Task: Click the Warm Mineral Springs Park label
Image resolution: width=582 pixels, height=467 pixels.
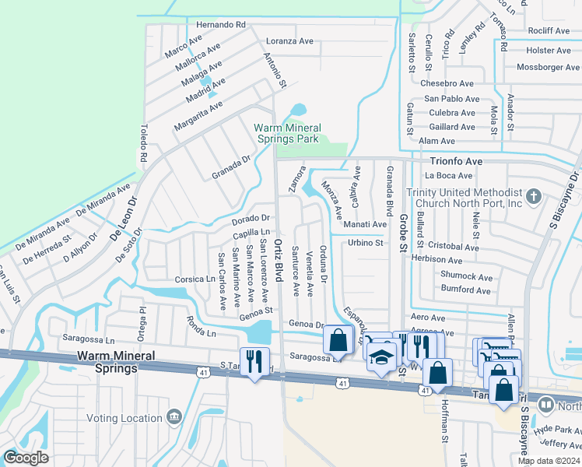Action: click(x=287, y=133)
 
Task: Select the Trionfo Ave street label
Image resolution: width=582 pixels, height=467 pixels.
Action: click(x=457, y=161)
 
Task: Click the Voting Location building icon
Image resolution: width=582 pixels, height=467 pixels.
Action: click(x=174, y=417)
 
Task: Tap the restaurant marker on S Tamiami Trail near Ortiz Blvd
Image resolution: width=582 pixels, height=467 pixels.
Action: click(x=254, y=361)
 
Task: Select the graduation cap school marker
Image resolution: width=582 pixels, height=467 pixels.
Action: click(x=380, y=358)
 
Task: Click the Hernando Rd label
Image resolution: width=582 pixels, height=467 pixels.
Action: click(x=220, y=26)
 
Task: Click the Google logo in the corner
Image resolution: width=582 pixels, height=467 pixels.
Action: click(x=26, y=458)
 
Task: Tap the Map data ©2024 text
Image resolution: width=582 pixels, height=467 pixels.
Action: click(x=549, y=461)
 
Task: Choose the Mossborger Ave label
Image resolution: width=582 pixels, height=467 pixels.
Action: click(x=548, y=68)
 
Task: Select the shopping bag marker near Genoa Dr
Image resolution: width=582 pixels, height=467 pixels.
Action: click(x=338, y=339)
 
